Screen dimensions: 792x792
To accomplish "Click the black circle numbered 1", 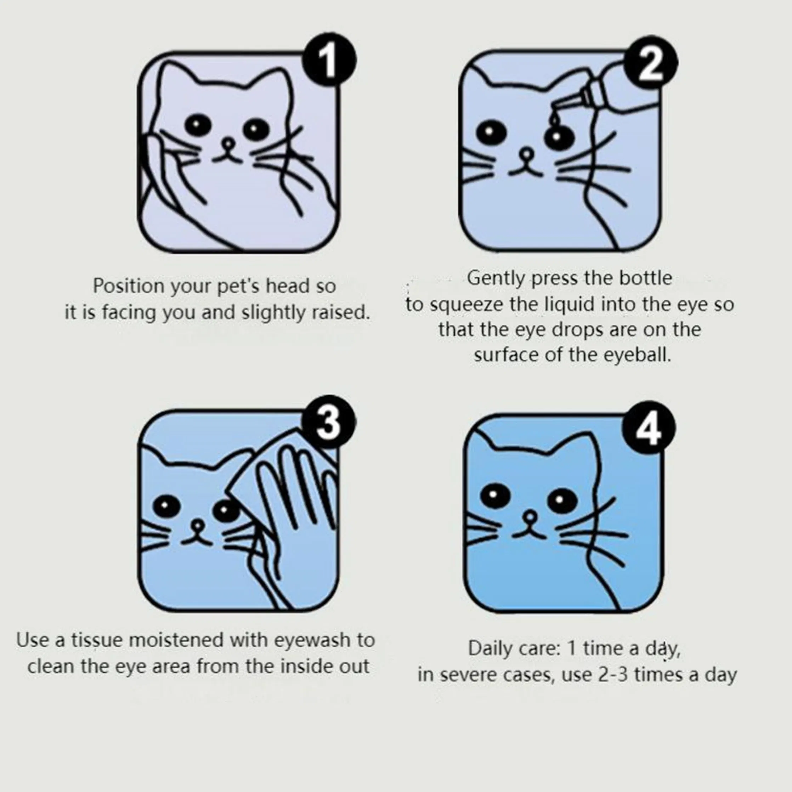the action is (329, 60).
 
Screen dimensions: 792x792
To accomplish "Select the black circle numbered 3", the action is (329, 422).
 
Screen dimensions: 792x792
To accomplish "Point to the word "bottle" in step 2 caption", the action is (646, 278).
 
